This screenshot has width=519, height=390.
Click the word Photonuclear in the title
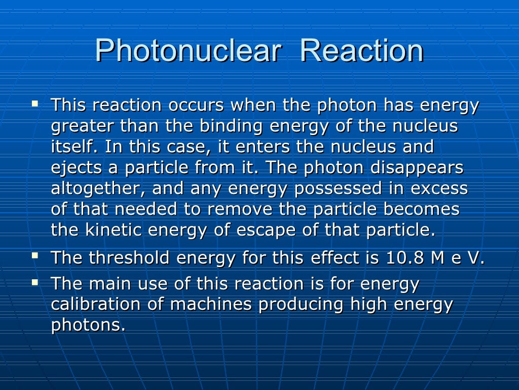(188, 51)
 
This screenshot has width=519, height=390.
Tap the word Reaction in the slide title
(361, 51)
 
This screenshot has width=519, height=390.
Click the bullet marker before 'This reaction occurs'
(34, 103)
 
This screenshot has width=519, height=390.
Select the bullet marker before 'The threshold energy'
(34, 255)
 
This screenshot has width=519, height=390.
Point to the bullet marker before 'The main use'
(34, 281)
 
